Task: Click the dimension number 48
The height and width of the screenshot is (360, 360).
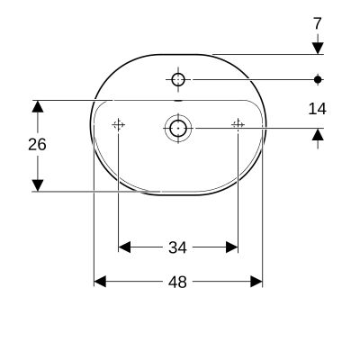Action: [x=177, y=282]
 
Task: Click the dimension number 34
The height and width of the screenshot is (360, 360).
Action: [x=177, y=246]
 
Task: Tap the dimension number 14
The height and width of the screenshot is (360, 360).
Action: [x=317, y=109]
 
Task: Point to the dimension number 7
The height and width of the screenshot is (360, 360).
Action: [x=317, y=22]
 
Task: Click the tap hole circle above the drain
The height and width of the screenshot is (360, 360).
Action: [x=177, y=80]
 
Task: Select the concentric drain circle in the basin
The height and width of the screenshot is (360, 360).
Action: [x=177, y=128]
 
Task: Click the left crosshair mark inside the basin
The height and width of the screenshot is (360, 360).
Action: [x=118, y=125]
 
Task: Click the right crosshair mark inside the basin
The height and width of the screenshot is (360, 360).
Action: [x=238, y=125]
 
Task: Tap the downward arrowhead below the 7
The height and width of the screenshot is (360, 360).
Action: [x=317, y=47]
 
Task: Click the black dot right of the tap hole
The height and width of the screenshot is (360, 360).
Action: [x=317, y=80]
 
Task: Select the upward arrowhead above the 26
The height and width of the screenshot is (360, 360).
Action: [x=38, y=106]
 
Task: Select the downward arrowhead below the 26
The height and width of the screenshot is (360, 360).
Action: [x=38, y=184]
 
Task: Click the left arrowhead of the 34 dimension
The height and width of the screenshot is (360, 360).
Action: [x=125, y=246]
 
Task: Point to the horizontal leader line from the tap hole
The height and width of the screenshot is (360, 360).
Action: [x=252, y=80]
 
